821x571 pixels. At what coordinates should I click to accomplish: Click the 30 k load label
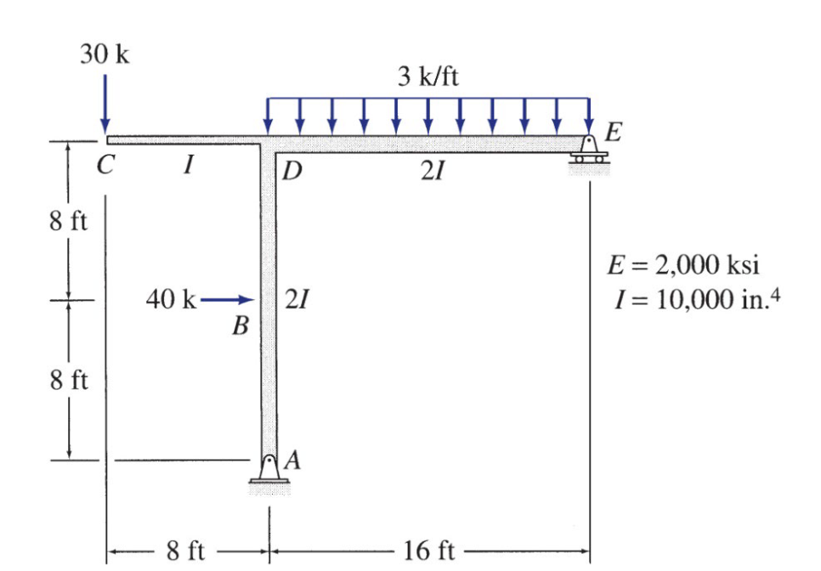pos(105,54)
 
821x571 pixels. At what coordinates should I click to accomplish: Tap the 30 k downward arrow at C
pos(105,105)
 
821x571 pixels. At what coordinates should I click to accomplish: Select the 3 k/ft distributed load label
pos(427,77)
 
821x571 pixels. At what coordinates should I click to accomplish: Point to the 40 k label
pos(171,300)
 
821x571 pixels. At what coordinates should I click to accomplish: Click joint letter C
pos(105,166)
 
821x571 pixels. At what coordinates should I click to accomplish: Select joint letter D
pos(292,171)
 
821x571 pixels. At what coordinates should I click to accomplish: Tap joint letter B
pos(241,325)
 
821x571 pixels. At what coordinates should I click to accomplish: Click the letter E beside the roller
pos(613,132)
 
